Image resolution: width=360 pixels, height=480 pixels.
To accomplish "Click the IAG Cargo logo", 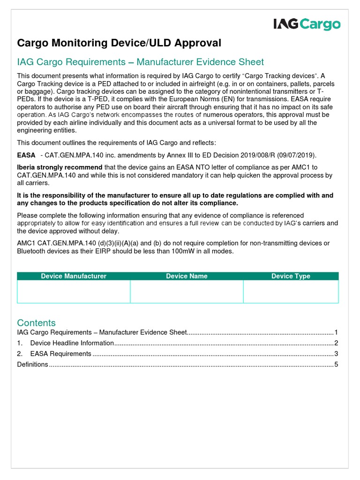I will tap(307, 24).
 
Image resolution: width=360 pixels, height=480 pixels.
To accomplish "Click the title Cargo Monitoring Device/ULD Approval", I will tap(119, 43).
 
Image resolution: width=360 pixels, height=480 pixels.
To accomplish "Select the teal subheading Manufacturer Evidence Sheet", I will tap(140, 62).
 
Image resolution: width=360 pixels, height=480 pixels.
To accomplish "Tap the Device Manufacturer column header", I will tap(74, 276).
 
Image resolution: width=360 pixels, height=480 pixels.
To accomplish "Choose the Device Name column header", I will tap(187, 276).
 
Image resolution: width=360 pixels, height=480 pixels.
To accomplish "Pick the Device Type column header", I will tap(291, 276).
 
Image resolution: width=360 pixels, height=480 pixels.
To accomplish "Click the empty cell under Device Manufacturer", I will tap(74, 292).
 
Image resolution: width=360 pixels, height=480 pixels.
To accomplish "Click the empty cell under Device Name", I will tap(187, 292).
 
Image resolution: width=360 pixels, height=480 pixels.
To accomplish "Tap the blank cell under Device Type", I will tap(291, 292).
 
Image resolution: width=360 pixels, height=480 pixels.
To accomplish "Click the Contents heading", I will tap(36, 322).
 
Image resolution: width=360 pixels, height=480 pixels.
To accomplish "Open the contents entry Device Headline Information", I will tap(72, 343).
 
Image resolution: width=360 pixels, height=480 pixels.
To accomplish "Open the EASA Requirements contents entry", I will tap(61, 354).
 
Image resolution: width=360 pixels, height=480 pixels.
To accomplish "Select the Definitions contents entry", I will tap(32, 364).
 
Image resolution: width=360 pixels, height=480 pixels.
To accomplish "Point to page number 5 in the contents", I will tap(336, 364).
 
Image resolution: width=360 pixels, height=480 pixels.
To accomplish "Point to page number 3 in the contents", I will tap(336, 354).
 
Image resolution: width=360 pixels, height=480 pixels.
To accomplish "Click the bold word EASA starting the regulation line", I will tap(26, 155).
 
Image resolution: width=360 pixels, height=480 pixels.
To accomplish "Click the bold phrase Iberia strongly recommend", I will tap(60, 167).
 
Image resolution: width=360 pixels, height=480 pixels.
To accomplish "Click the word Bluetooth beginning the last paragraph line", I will tap(32, 251).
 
